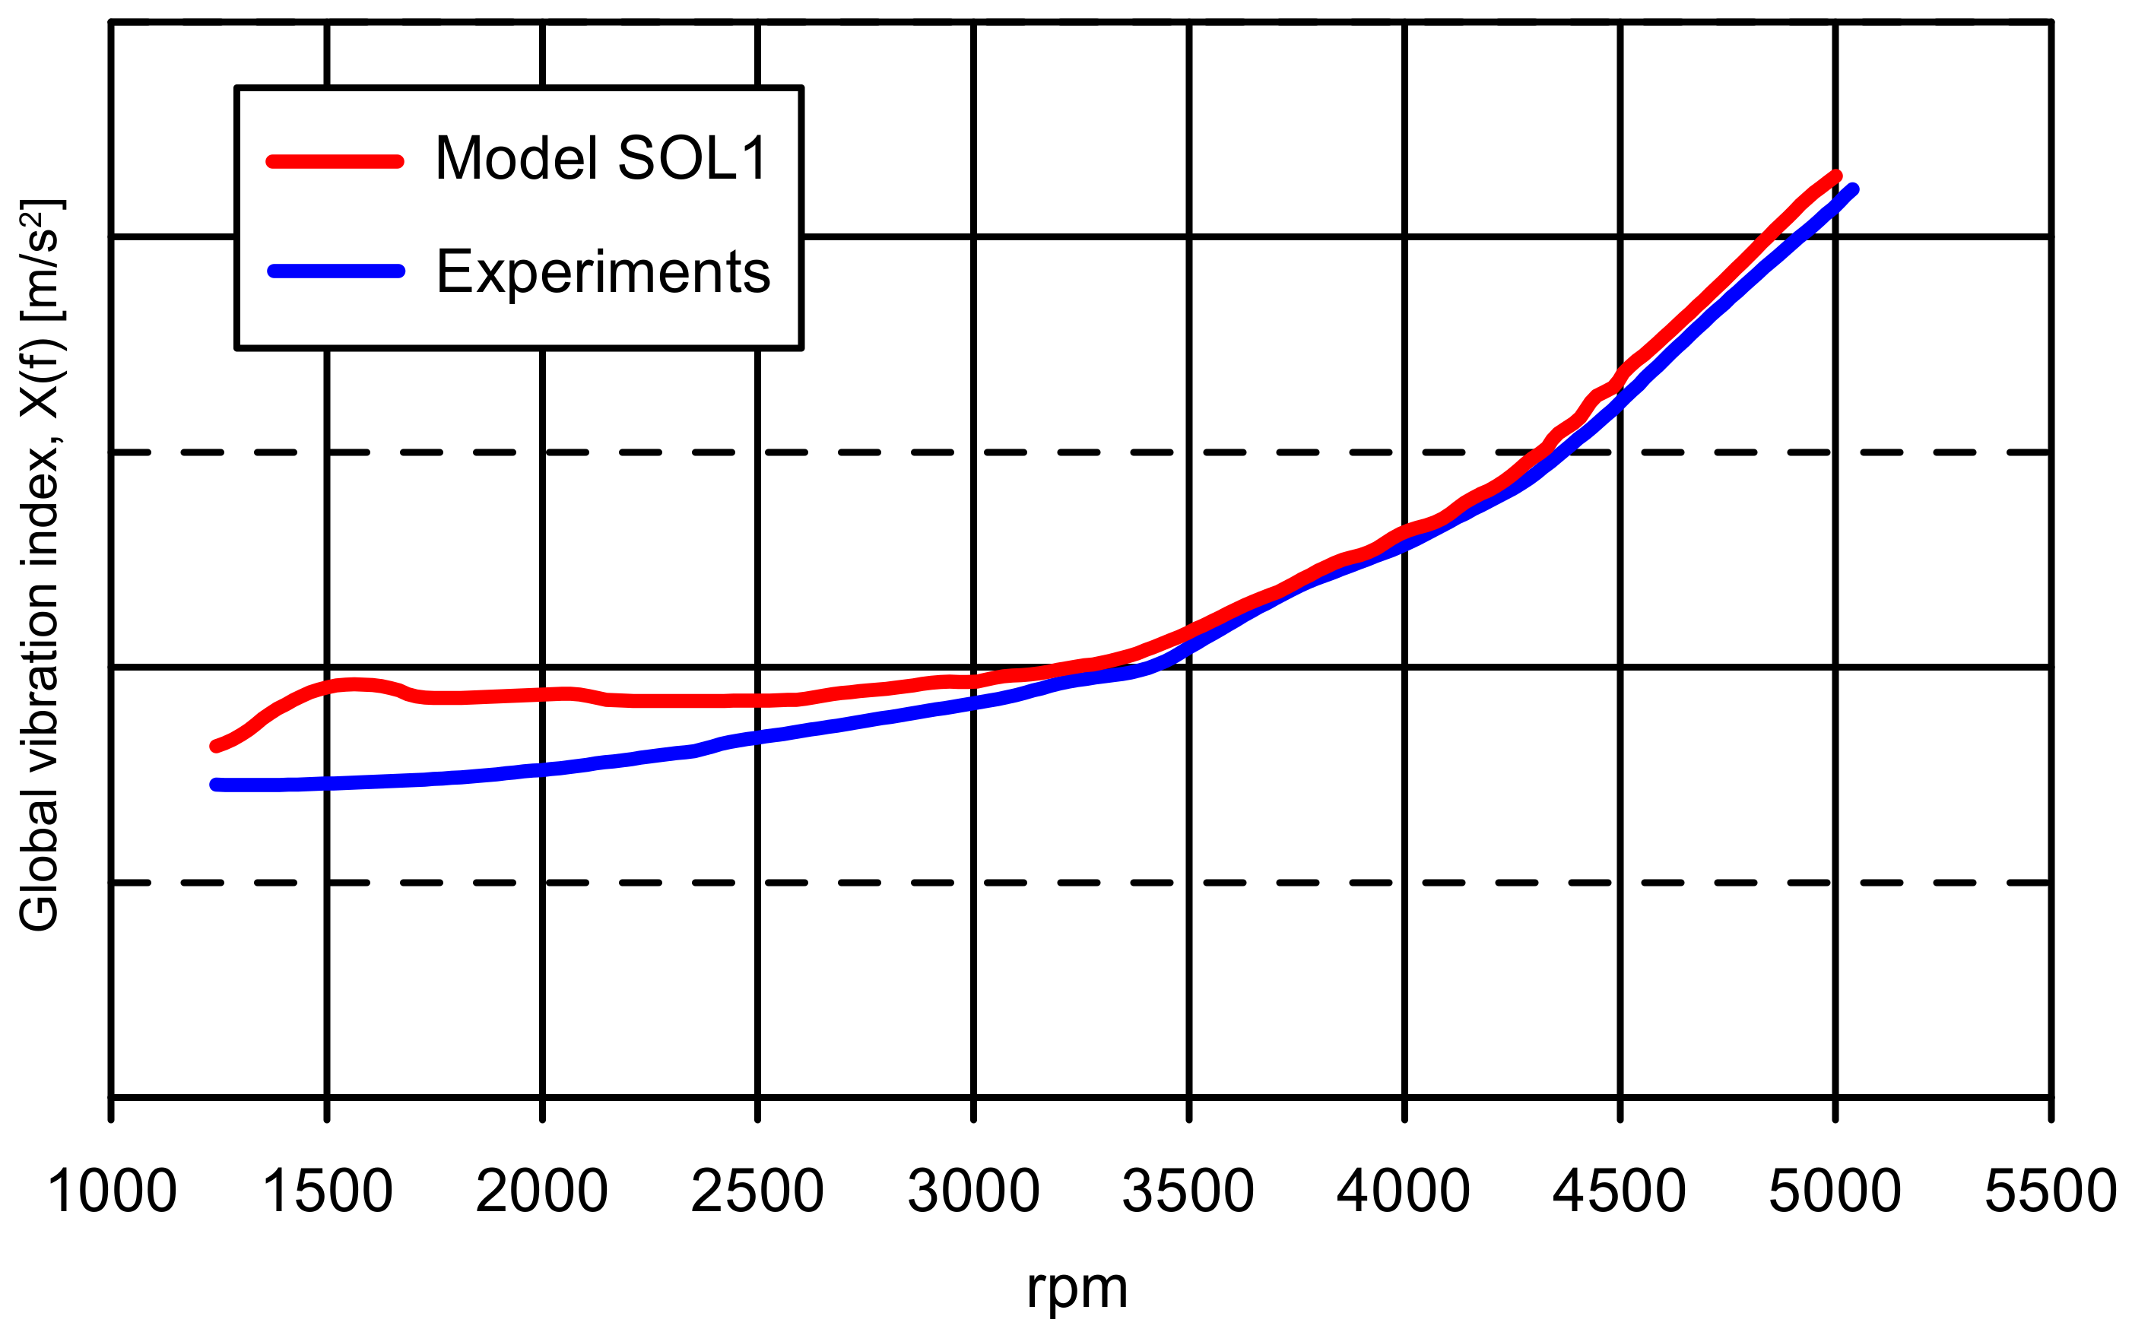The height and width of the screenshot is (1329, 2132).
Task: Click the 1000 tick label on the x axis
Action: (112, 1193)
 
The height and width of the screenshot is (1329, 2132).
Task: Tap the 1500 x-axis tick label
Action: (327, 1193)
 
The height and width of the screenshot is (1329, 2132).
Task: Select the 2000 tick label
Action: (542, 1193)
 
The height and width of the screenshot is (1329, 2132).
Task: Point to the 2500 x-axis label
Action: (757, 1193)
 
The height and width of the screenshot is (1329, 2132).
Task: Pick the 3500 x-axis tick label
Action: (1188, 1193)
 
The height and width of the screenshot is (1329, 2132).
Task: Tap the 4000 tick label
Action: (1404, 1193)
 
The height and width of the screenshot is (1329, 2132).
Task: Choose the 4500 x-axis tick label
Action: (1620, 1193)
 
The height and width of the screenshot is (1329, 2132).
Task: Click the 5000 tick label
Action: (1835, 1193)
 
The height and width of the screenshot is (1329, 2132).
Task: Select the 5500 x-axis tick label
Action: (2051, 1193)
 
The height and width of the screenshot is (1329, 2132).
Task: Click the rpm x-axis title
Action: (1077, 1289)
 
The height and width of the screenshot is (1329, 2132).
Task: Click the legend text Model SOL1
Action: (602, 159)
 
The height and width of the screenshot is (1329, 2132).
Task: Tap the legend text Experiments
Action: (603, 271)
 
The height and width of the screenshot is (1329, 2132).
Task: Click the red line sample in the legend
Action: (335, 161)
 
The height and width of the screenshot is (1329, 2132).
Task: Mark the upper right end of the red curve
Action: (1835, 176)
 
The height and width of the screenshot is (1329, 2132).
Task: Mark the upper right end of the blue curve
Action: (1852, 190)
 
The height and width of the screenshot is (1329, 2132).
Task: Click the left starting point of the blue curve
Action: (215, 785)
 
